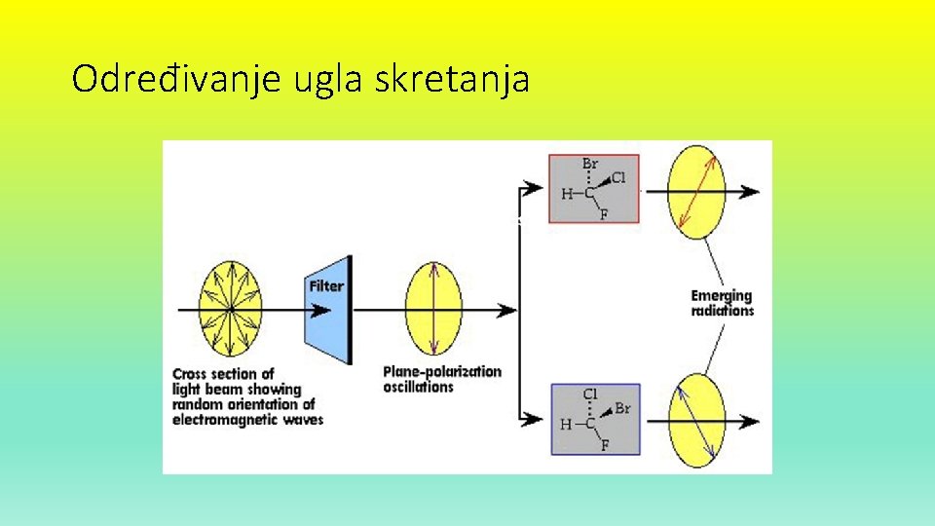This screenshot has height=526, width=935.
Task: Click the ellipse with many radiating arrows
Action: click(x=231, y=310)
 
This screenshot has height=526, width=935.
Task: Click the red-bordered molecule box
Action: click(x=594, y=189)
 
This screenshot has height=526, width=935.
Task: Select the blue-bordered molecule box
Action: click(x=596, y=419)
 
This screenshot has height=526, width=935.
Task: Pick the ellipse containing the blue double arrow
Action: click(x=696, y=420)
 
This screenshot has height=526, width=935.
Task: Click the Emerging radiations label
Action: click(x=722, y=303)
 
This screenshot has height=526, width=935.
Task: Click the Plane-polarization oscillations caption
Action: click(x=441, y=379)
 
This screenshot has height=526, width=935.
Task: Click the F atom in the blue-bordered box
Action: click(x=604, y=445)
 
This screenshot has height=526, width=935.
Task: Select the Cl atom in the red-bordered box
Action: click(x=617, y=178)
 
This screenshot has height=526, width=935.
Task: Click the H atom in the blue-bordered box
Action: click(x=567, y=425)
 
